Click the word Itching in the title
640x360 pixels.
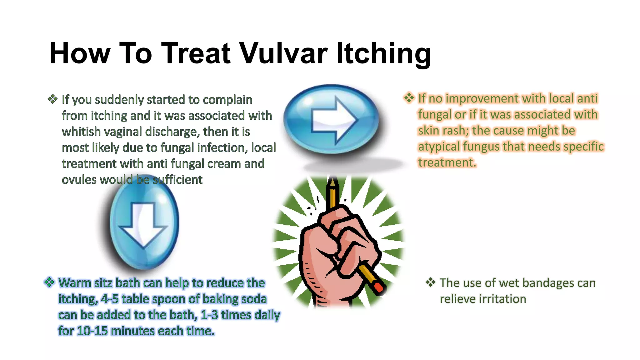[383, 53]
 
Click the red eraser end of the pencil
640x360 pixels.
[379, 287]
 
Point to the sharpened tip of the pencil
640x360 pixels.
[332, 182]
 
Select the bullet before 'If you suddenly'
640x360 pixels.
[52, 99]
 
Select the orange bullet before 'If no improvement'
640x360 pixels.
[409, 98]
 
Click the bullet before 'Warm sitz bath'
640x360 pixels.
[49, 282]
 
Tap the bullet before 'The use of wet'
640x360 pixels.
[431, 282]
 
